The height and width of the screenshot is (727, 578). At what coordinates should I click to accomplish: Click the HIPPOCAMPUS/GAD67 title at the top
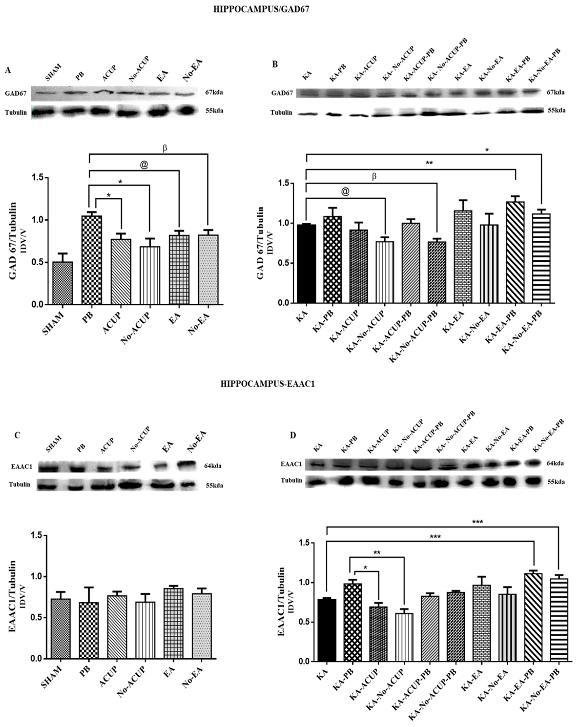261,9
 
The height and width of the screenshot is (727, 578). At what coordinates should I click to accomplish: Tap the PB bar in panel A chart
92,260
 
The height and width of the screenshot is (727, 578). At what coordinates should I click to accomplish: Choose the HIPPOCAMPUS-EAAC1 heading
268,384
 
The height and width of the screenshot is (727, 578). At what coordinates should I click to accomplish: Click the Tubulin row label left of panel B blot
281,113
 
